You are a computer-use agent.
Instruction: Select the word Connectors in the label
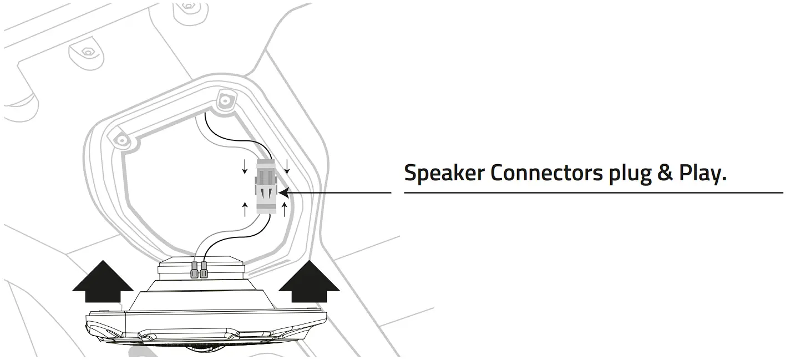pos(546,173)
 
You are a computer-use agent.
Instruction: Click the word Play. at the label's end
pos(702,174)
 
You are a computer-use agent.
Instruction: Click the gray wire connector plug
pos(264,187)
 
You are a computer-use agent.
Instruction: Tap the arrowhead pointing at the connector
pos(282,192)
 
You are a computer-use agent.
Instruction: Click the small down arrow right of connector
pos(287,165)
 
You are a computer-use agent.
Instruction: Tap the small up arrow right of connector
pos(285,209)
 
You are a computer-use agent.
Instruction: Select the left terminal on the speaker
pos(194,271)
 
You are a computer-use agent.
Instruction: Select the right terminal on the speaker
pos(204,271)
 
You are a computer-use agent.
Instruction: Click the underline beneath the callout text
pos(594,192)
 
